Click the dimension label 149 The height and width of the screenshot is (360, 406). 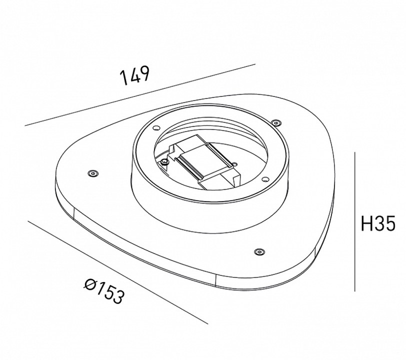click(134, 77)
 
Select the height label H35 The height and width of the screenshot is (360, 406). click(378, 223)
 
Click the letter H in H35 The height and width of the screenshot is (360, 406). click(366, 223)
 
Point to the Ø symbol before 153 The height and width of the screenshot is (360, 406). click(90, 285)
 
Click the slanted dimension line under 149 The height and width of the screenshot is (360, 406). click(140, 95)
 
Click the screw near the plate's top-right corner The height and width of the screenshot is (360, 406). click(275, 121)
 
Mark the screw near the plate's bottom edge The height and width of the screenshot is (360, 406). click(258, 251)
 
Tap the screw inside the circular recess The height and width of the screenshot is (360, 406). click(164, 161)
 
